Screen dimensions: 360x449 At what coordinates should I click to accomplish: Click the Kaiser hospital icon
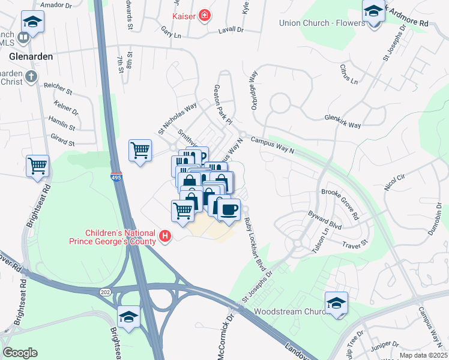pos(205,16)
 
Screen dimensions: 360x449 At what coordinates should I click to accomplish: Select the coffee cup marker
pos(228,209)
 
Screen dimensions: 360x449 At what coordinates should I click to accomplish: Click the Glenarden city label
pos(31,56)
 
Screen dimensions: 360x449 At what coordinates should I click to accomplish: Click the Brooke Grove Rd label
pos(340,205)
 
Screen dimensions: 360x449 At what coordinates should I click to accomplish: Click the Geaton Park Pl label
pos(222,104)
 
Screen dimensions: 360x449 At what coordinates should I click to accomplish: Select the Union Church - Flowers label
pos(322,23)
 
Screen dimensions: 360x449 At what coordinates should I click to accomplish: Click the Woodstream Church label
pos(290,312)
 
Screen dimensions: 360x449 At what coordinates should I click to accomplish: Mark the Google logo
pos(20,352)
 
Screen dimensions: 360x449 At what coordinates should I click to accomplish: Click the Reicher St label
pos(58,92)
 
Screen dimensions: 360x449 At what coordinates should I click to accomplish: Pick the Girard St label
pos(63,143)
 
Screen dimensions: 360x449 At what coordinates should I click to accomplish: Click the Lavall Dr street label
pos(231,28)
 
